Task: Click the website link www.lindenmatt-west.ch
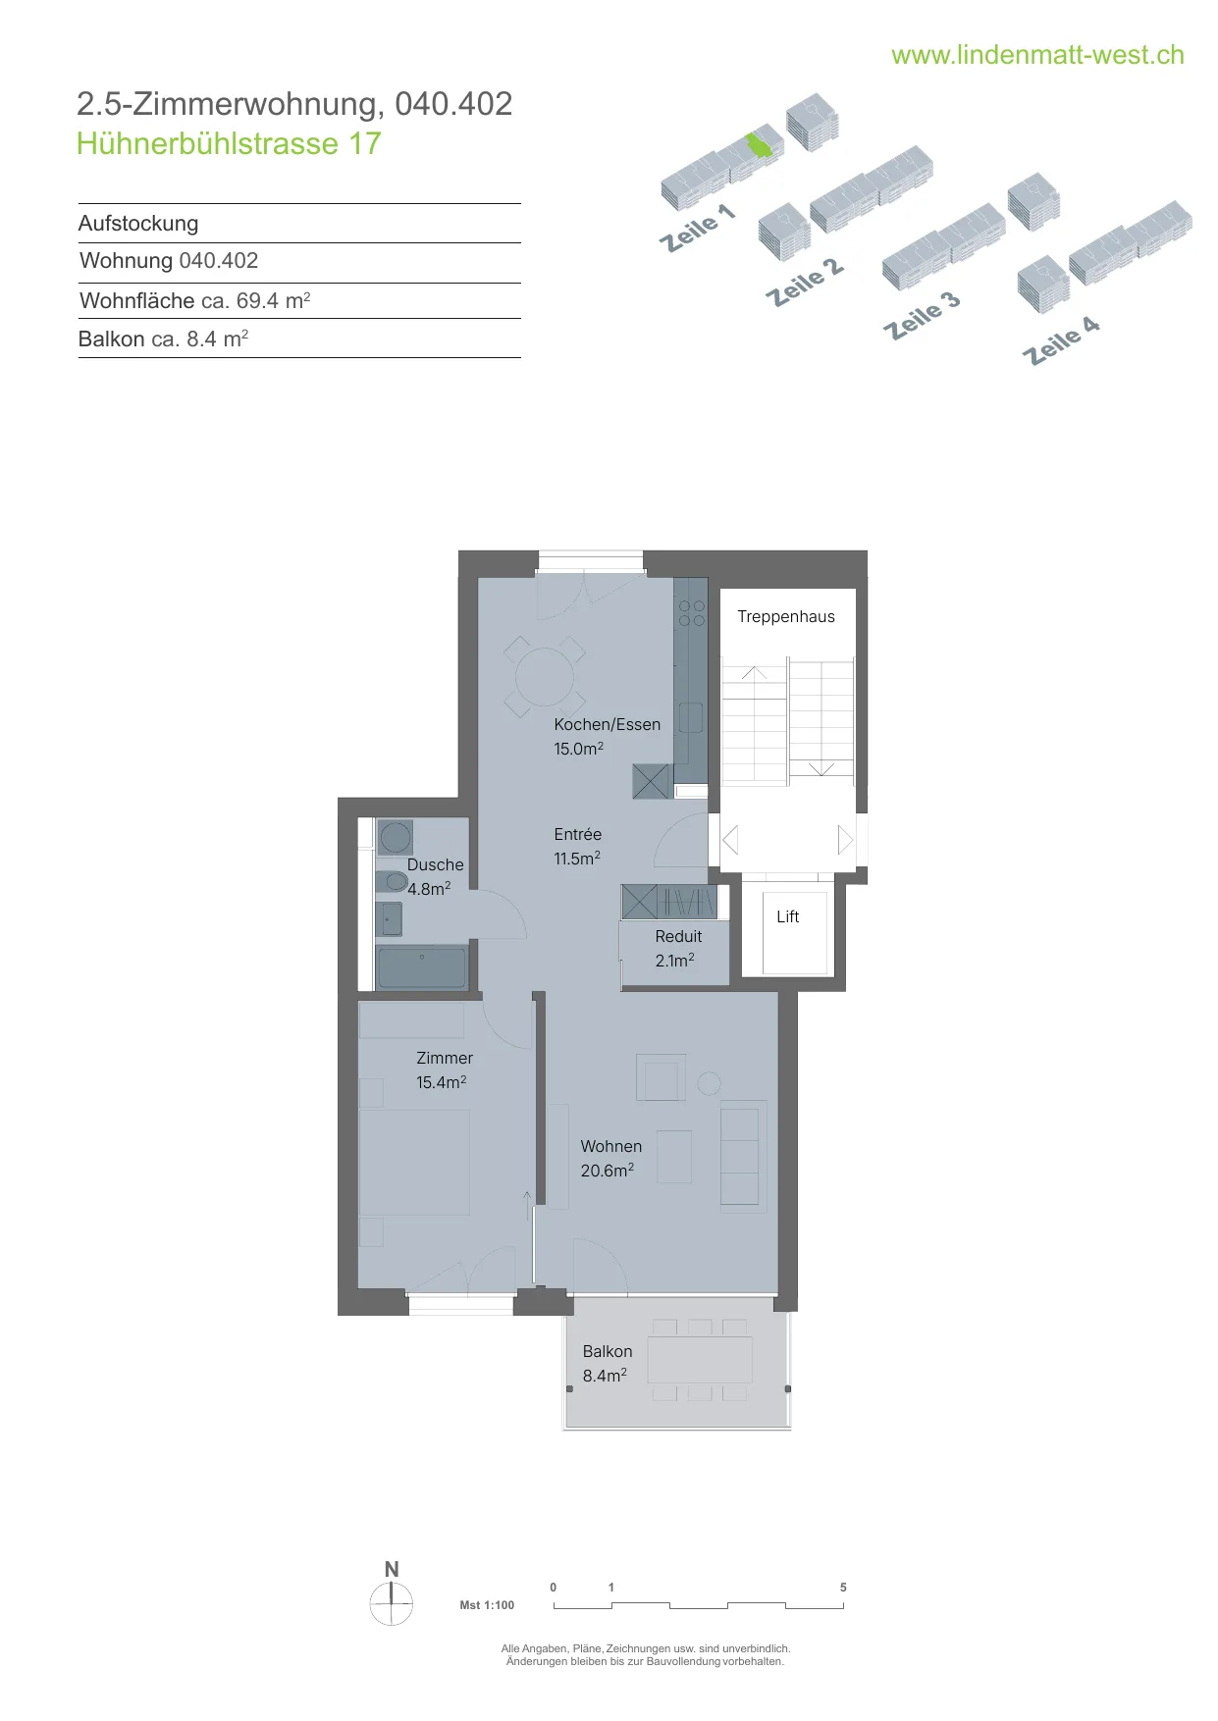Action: (1037, 55)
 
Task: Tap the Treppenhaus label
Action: (786, 616)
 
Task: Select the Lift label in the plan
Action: (788, 916)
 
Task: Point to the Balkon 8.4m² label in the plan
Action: (608, 1363)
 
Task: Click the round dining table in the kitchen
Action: (545, 677)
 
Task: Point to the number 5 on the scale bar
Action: (843, 1587)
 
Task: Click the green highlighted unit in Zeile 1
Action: (760, 144)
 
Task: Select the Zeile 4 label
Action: (1061, 339)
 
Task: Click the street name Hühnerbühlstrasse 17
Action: (229, 143)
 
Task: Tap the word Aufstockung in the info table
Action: (138, 224)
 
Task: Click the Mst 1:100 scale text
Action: (487, 1605)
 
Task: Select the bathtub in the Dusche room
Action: (422, 968)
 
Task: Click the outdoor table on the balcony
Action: (700, 1360)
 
